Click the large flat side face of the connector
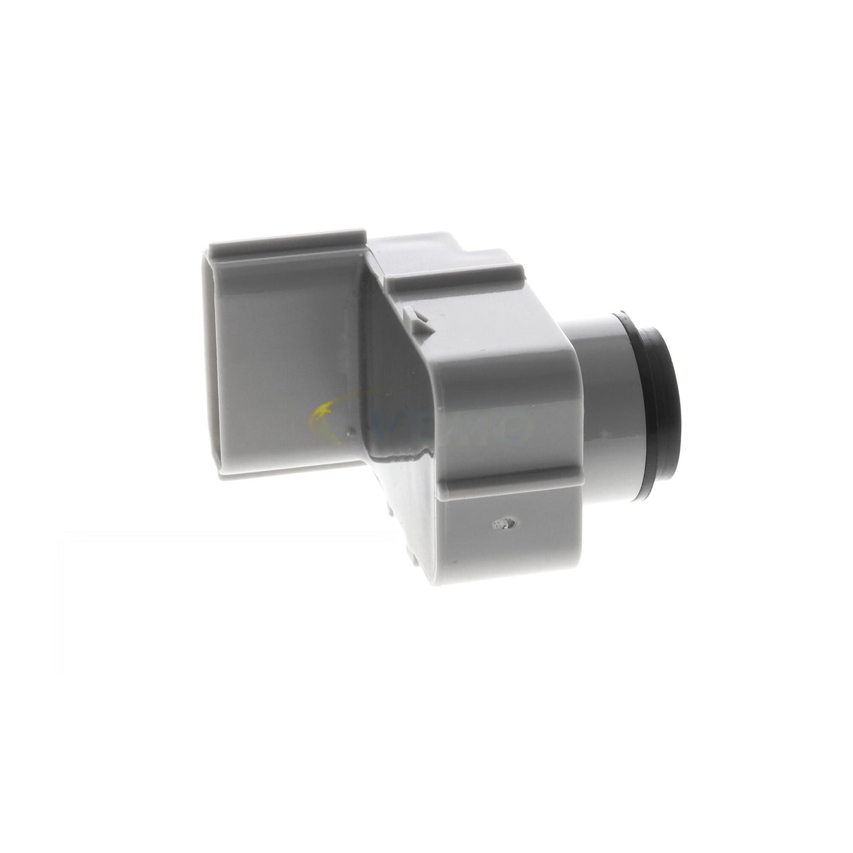283,354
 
